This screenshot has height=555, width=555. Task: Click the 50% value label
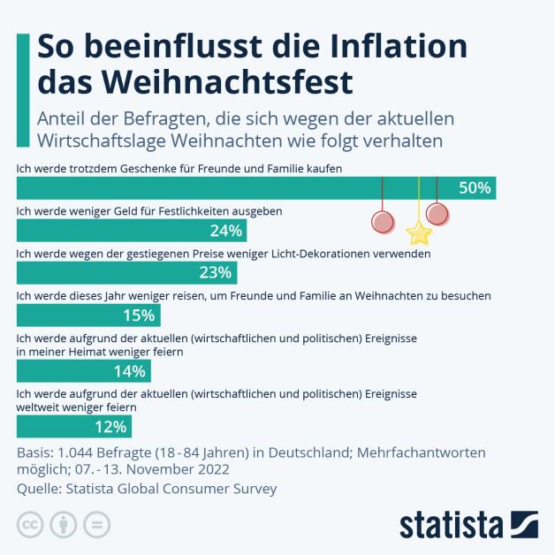[x=475, y=187]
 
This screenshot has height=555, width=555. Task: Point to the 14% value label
[x=129, y=371]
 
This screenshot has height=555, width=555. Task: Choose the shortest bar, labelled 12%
[x=74, y=427]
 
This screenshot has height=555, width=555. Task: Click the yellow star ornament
[x=419, y=233]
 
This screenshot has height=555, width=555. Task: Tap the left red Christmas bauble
[x=383, y=221]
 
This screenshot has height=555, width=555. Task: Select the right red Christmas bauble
[x=437, y=214]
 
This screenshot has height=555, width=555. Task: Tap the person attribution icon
[x=63, y=524]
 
